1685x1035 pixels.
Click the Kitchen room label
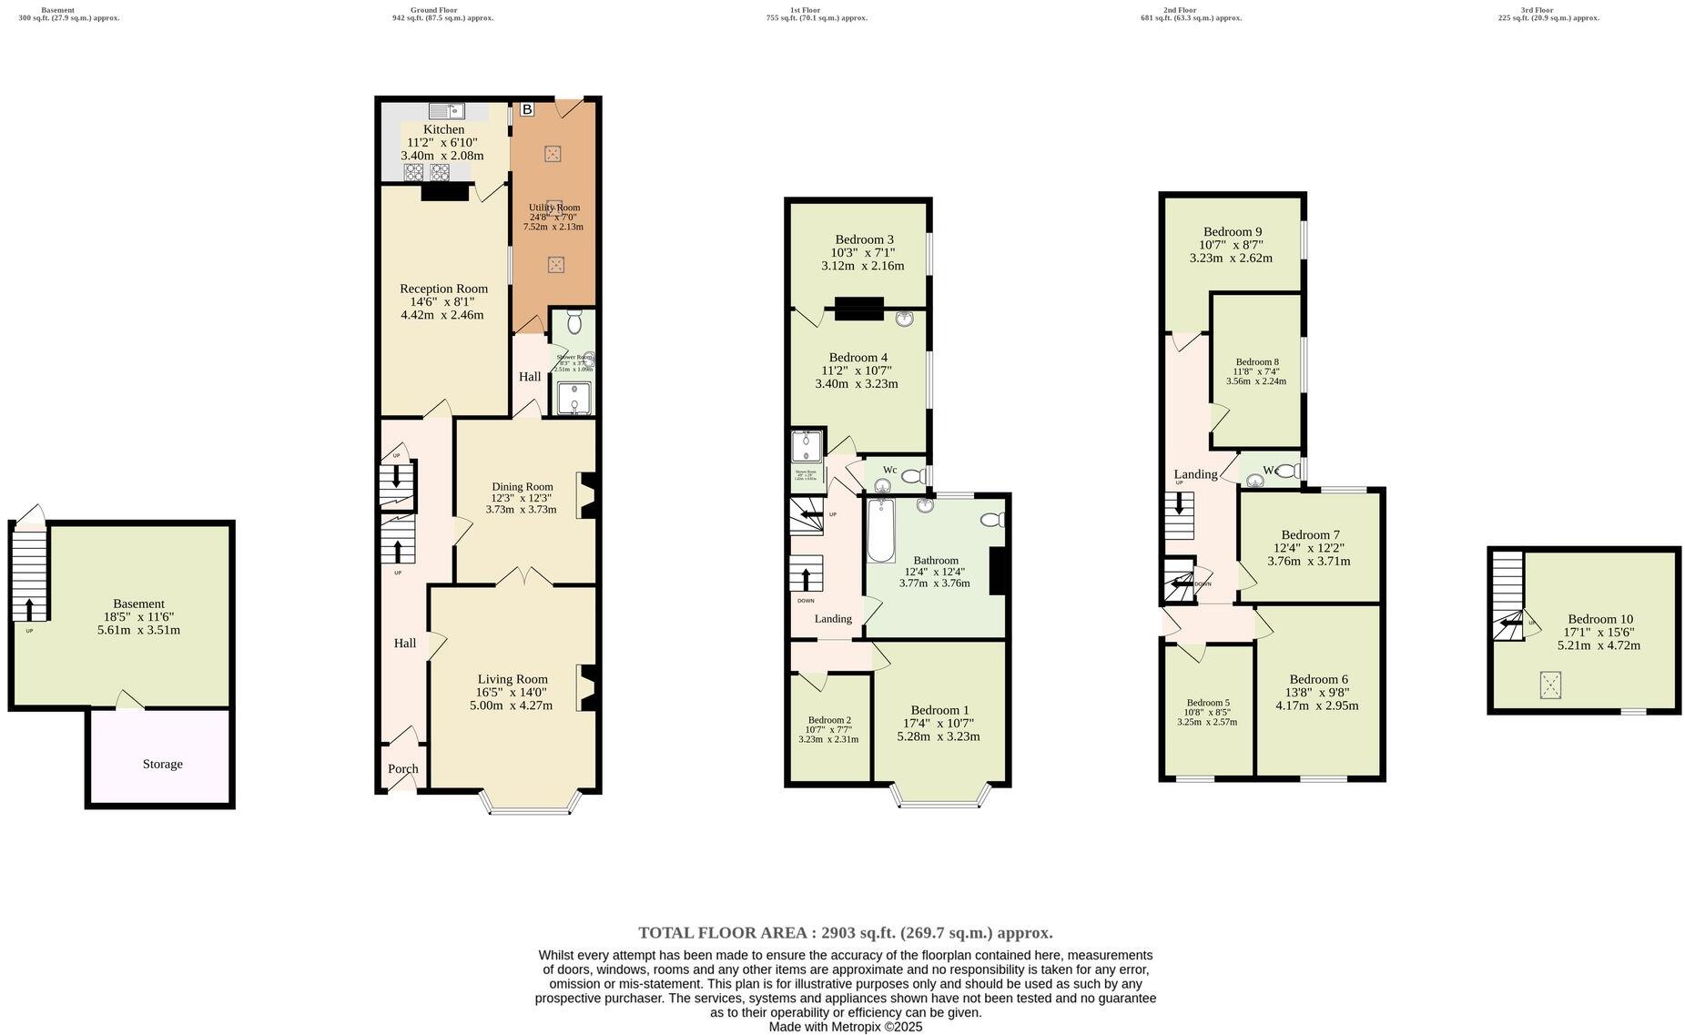(443, 129)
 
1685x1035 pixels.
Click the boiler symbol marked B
(526, 110)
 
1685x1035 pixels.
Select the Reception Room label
(443, 289)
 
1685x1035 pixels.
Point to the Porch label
(402, 768)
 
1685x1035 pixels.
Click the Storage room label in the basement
(162, 764)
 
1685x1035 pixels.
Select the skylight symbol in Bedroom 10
(1549, 685)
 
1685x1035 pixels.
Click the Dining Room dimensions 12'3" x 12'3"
(521, 498)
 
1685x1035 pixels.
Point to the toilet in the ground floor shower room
(574, 322)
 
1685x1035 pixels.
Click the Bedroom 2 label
(828, 719)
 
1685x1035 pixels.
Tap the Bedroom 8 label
(1256, 361)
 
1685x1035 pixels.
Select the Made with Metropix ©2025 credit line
(845, 1026)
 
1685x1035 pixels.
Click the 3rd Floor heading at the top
(1537, 10)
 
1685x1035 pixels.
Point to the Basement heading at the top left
(57, 10)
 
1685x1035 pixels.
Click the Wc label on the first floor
(889, 470)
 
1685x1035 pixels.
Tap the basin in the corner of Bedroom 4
(904, 319)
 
